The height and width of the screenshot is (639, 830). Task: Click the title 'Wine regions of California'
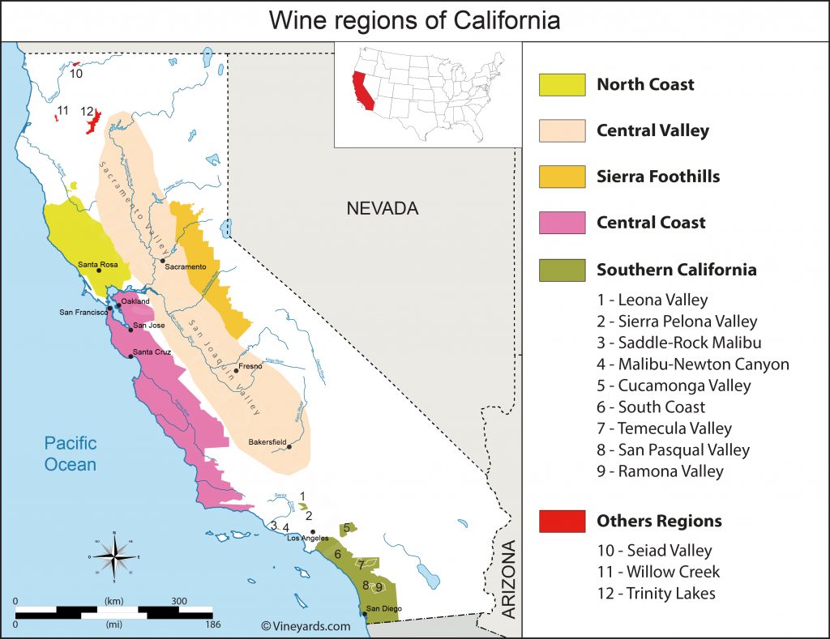[414, 20]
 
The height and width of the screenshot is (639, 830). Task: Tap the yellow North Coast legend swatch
[562, 84]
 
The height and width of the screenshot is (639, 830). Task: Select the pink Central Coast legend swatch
[562, 223]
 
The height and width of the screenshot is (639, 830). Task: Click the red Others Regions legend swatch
[562, 521]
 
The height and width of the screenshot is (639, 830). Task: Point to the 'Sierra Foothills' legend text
[657, 177]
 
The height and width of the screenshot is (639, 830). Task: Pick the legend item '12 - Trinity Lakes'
[657, 593]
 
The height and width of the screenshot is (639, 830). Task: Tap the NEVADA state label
[382, 208]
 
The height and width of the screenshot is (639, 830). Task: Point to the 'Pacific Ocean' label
[71, 454]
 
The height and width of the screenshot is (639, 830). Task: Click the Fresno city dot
[236, 371]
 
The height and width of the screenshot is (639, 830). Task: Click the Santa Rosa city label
[98, 264]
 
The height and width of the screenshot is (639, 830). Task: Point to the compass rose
[114, 556]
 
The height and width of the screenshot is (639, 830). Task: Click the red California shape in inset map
[362, 90]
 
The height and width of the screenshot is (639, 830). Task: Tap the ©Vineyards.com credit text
[306, 625]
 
